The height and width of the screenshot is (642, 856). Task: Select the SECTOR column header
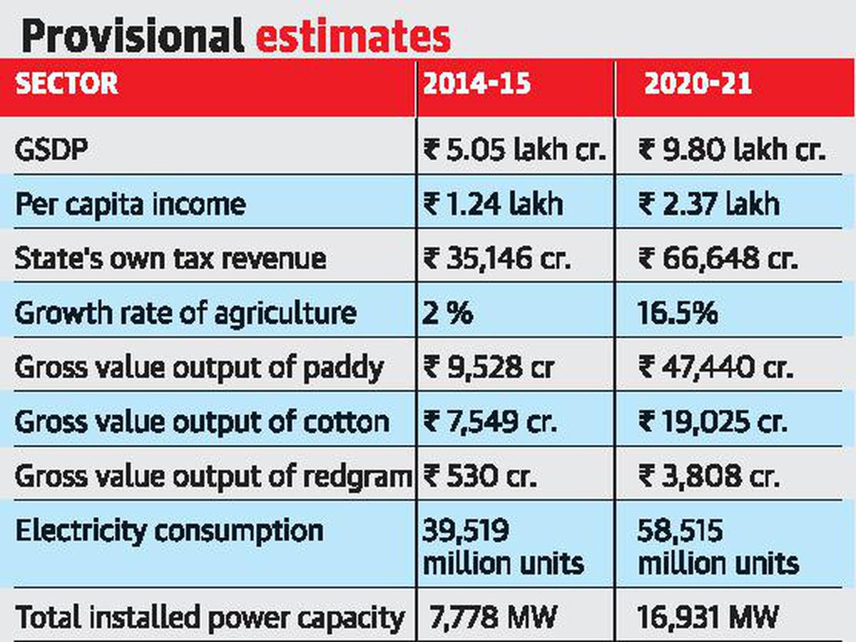point(66,84)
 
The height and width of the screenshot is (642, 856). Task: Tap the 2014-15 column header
point(477,84)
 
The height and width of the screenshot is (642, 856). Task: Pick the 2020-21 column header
point(698,84)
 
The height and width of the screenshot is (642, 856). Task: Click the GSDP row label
point(48,151)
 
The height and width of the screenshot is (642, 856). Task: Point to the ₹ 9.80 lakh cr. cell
point(732,151)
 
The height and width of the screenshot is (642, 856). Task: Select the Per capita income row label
point(130,204)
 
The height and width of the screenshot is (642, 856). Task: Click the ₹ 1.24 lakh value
point(493,204)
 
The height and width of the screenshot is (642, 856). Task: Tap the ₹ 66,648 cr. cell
point(717,258)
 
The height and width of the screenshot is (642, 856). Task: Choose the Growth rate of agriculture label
point(185,312)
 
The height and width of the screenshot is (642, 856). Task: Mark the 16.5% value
point(678,312)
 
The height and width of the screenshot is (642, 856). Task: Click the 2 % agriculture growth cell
point(448,312)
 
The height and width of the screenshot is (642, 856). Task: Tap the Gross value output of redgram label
point(213,476)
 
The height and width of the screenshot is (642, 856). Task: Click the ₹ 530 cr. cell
point(479,476)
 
